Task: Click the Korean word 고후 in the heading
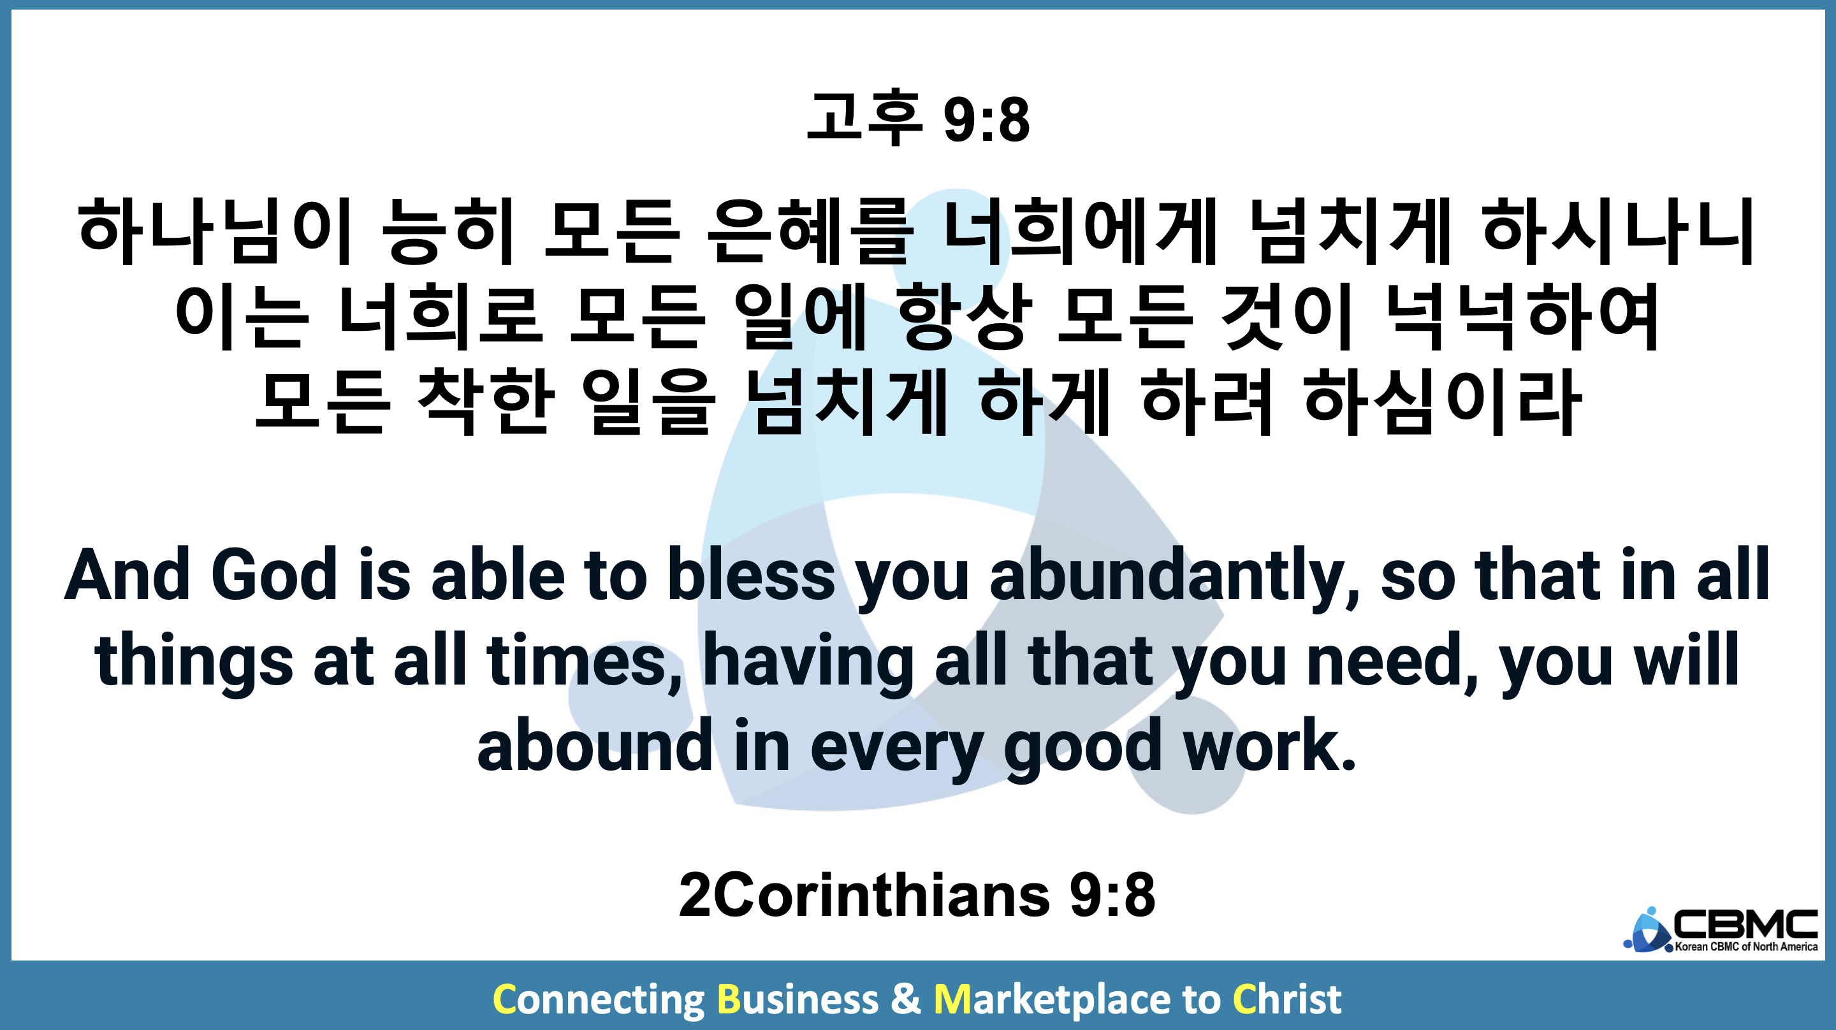click(x=864, y=118)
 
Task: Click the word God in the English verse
click(x=273, y=574)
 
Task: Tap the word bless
click(x=750, y=574)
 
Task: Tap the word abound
click(x=594, y=745)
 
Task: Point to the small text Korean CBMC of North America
click(x=1746, y=947)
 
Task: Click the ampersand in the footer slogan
click(x=905, y=999)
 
